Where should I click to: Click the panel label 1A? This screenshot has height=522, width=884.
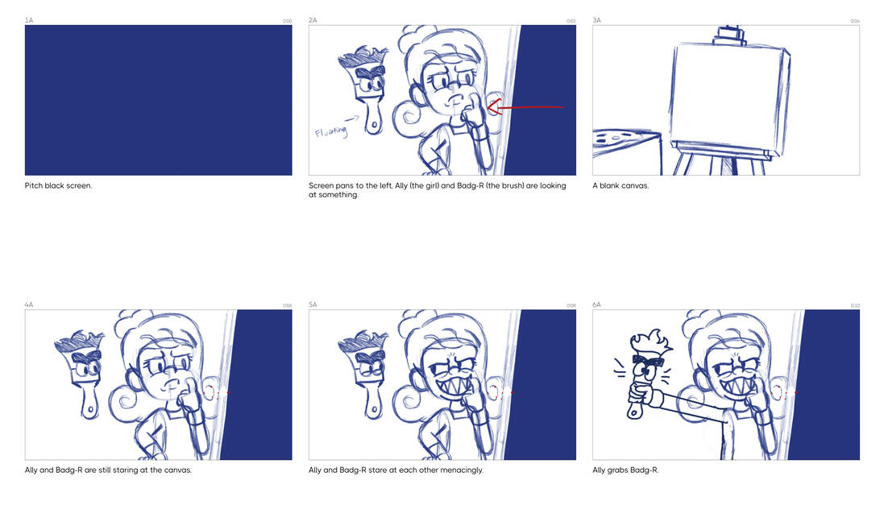[29, 20]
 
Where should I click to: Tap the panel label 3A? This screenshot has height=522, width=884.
[596, 20]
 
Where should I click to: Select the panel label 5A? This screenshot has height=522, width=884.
[313, 304]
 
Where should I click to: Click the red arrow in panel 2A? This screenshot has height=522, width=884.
[525, 106]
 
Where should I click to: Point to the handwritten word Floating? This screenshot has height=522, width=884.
[331, 132]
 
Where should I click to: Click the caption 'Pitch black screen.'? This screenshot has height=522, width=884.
[59, 185]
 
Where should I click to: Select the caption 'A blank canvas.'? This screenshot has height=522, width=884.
[620, 185]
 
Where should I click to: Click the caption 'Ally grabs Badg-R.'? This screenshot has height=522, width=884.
[625, 470]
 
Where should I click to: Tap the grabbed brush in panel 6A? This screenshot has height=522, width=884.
[645, 375]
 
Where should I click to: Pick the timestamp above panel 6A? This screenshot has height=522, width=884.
[855, 305]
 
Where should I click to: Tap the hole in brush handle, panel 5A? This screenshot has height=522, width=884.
[374, 408]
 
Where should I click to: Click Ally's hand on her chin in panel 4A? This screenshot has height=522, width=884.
[189, 395]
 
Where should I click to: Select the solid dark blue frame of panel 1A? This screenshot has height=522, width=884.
[159, 100]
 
